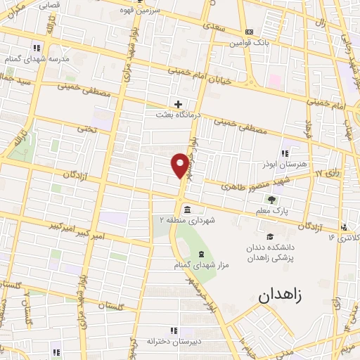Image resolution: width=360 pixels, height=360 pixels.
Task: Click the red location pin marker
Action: pyautogui.click(x=181, y=165)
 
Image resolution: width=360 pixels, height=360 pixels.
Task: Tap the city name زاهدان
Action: pyautogui.click(x=279, y=295)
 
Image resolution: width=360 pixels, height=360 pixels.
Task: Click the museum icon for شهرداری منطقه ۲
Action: pyautogui.click(x=186, y=210)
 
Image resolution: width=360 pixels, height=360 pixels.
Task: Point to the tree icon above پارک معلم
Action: pyautogui.click(x=271, y=200)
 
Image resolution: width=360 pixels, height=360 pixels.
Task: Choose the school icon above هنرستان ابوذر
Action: pyautogui.click(x=285, y=153)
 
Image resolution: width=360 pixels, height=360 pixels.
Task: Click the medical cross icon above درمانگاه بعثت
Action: pyautogui.click(x=179, y=104)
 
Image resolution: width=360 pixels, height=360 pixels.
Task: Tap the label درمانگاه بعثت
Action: pyautogui.click(x=179, y=114)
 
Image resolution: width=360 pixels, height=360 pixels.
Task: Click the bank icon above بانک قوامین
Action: pyautogui.click(x=249, y=32)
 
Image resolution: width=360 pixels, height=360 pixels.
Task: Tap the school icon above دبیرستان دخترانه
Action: pyautogui.click(x=173, y=330)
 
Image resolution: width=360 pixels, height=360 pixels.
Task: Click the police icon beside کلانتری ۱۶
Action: pyautogui.click(x=344, y=226)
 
